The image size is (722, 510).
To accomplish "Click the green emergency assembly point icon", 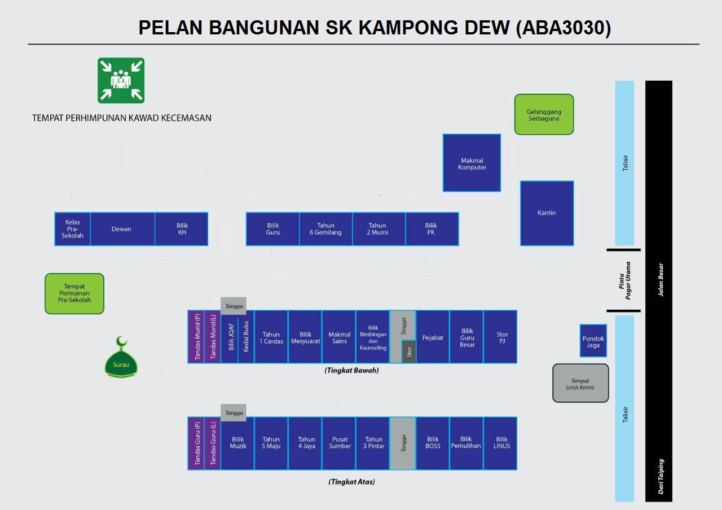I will coord(121,80).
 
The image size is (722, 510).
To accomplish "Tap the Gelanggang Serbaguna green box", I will coord(544,115).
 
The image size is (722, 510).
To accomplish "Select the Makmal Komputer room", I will coord(472,163).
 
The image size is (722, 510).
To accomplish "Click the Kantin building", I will coord(547,213).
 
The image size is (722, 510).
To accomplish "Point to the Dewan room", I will coord(122,229).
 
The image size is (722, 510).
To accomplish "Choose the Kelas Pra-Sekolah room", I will coord(73,229).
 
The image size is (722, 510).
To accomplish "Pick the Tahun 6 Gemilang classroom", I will coord(325,229).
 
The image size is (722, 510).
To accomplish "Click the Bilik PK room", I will coord(432,229).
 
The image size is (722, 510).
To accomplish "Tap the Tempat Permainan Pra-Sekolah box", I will coord(74,293).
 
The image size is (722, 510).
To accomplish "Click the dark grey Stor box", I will coord(410,352).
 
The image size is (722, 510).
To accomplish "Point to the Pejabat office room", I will coord(433,337).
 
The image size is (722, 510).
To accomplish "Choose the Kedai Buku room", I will coord(246,337).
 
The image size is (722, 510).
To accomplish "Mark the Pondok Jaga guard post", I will coord(593,341).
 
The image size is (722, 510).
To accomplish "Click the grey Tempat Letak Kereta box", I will coord(580,383).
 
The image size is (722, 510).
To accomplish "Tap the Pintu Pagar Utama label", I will coord(624,280).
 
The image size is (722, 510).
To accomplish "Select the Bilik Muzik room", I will coord(237,443).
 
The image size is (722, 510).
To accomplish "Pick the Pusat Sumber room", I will coord(339,443).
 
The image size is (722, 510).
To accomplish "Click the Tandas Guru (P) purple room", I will coord(196,443).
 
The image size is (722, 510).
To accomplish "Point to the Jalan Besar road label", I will coord(660,280).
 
